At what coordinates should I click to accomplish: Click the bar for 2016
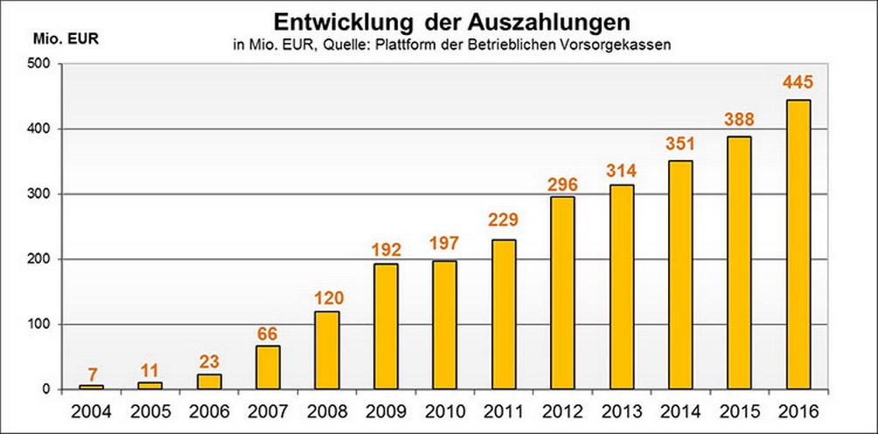798,245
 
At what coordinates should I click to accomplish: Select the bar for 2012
562,293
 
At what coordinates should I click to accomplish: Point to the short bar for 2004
91,387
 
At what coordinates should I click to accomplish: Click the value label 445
798,83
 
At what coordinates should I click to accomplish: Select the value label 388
739,120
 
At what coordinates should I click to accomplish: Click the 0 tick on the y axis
46,389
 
